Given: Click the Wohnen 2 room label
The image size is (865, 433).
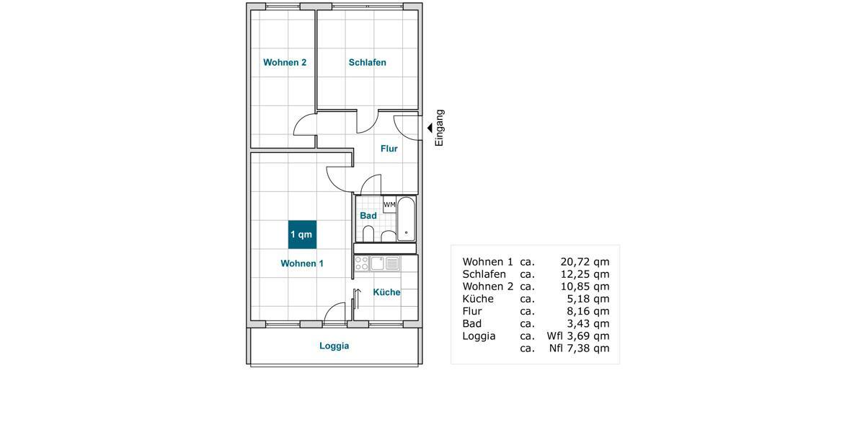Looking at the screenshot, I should click(x=285, y=63).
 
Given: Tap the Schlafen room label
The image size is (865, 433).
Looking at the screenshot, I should click(x=368, y=63).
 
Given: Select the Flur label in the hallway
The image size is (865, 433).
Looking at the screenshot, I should click(x=389, y=149).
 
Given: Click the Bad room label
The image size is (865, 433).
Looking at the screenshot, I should click(x=368, y=216).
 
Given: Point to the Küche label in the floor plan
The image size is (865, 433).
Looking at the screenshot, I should click(x=387, y=292).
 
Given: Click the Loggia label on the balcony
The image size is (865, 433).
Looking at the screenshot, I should click(x=334, y=346).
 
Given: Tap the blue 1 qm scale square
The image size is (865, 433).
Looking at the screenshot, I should click(x=302, y=235).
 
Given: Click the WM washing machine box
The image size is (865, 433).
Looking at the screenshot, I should click(x=389, y=205).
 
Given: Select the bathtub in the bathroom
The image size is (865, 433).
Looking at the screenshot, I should click(x=407, y=219).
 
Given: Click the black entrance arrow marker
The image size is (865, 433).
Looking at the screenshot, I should click(x=430, y=128).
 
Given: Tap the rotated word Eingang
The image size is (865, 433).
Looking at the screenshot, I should click(x=440, y=128).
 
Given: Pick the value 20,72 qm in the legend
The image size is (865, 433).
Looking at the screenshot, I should click(x=585, y=262).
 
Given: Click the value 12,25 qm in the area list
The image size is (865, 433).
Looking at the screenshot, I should click(x=585, y=274).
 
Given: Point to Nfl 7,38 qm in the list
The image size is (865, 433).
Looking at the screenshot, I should click(x=579, y=349).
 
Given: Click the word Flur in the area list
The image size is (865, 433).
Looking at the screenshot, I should click(x=472, y=311).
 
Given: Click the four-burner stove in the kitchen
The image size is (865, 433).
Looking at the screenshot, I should click(x=362, y=263).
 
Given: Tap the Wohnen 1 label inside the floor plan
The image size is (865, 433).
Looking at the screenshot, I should click(x=302, y=264).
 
